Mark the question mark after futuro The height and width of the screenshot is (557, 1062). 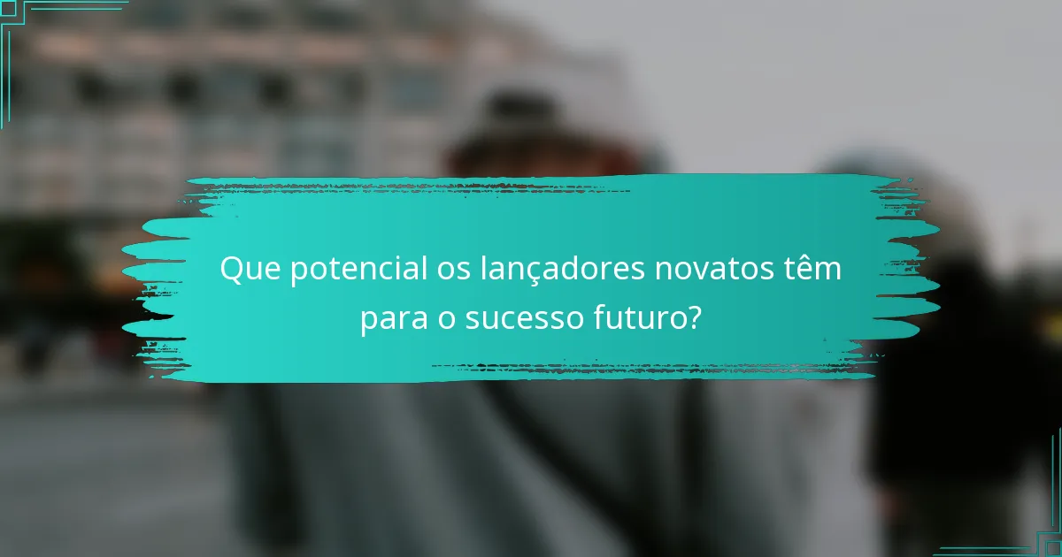694,317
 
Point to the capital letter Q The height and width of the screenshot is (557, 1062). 230,269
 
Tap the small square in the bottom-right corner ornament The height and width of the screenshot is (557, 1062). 1052,547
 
